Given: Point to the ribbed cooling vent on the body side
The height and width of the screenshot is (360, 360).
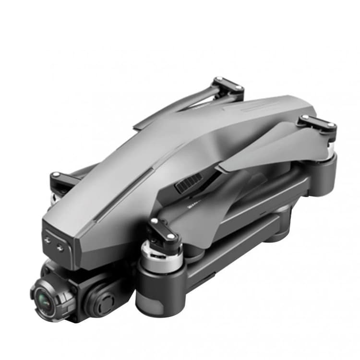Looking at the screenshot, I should (189, 183).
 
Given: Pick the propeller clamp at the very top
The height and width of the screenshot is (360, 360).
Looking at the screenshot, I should (228, 86).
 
